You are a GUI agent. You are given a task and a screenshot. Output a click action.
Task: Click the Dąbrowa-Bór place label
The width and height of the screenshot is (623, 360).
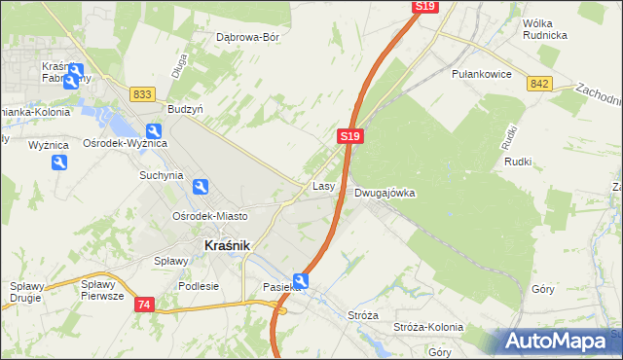pos(247,38)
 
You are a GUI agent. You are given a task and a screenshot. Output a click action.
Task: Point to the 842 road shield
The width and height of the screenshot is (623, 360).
pos(541,85)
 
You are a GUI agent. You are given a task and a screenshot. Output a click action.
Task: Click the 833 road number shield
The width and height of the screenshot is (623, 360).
pos(142,93)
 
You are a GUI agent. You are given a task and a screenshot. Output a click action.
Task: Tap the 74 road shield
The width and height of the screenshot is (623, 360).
pos(144,305)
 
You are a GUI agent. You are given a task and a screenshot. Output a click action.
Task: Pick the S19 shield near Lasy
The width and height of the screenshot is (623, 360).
pos(352,138)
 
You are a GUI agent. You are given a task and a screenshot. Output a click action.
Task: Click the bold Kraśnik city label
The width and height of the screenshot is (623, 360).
pos(228,246)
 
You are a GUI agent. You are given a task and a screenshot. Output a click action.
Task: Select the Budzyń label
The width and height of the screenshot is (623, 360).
pos(185,110)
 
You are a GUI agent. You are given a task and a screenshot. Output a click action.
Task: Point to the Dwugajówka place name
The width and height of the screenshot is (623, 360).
pos(385,193)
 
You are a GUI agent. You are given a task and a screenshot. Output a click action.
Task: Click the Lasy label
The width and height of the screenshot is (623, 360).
pos(324,185)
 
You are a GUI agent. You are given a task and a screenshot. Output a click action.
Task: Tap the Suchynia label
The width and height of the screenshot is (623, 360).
pos(161,176)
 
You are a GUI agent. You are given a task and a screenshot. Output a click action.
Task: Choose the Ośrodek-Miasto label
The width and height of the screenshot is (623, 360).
pos(209,216)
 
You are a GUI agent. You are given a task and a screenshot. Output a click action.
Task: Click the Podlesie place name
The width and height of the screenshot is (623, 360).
pos(199,286)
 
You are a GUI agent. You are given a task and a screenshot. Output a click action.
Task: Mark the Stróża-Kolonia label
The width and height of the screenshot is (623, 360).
pos(417,329)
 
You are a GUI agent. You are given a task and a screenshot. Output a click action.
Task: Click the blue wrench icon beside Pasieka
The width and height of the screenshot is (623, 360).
pos(302,282)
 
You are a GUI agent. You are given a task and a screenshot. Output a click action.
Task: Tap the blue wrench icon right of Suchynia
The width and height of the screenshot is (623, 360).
pos(200,187)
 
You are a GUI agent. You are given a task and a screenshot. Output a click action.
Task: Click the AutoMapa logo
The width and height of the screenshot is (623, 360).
pos(560,342)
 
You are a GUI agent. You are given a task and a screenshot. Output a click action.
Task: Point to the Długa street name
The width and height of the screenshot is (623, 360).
pos(178,65)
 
